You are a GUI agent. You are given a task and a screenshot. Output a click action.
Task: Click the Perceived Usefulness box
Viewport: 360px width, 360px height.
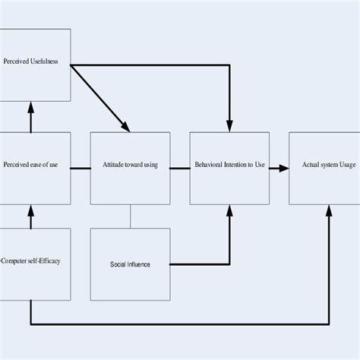35,65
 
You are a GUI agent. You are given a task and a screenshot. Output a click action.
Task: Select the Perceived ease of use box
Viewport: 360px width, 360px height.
35,168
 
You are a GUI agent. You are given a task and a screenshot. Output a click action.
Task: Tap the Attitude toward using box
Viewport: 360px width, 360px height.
130,168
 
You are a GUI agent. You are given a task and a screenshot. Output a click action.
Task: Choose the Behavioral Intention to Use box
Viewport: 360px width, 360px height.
229,168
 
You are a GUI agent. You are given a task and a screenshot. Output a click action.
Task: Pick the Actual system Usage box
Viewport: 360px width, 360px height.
328,168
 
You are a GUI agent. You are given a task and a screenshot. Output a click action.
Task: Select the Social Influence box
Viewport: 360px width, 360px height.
130,264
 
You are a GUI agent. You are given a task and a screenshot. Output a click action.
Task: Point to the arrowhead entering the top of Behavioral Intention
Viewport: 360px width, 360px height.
229,126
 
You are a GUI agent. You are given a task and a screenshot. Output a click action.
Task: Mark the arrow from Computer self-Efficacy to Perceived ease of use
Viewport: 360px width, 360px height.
31,216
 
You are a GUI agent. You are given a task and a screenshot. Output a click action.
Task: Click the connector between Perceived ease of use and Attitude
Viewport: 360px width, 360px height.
81,168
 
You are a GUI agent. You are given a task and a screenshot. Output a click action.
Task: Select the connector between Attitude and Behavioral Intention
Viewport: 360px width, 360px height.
179,168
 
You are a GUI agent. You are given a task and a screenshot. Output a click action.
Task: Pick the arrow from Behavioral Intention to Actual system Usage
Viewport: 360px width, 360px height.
279,168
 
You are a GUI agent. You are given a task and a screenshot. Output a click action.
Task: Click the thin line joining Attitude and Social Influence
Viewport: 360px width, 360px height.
130,216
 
